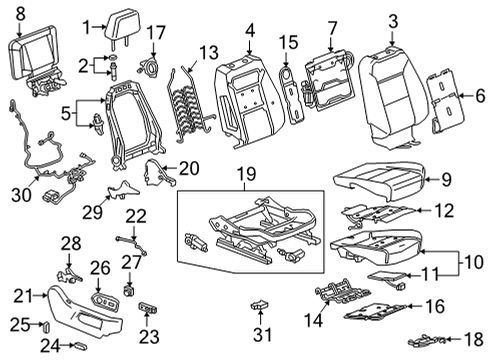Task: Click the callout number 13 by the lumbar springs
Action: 208,52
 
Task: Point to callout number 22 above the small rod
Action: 134,214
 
